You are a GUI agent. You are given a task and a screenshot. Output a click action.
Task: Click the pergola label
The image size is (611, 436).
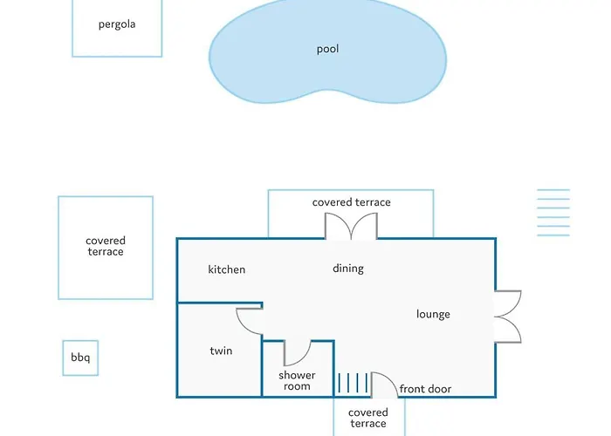[x=117, y=24]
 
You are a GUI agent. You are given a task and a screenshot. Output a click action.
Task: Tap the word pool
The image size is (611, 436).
[x=327, y=49]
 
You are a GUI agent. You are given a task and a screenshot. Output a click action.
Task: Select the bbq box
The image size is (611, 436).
[x=80, y=358]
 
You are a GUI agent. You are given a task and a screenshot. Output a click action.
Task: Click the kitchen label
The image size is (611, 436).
[x=226, y=269]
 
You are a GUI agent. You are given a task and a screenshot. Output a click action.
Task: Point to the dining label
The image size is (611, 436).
[x=348, y=269]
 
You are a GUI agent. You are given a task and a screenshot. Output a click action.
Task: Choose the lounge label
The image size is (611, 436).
[x=433, y=314]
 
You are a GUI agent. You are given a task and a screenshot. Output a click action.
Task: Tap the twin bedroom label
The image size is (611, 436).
[x=221, y=351]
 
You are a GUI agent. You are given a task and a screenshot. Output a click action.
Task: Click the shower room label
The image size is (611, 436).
[x=297, y=381]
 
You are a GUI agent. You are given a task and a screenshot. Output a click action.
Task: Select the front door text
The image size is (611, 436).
[x=425, y=389]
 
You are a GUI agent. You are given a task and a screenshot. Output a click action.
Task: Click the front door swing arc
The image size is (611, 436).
[x=389, y=378]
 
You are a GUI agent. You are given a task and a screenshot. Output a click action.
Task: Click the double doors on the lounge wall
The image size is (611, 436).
[x=508, y=317]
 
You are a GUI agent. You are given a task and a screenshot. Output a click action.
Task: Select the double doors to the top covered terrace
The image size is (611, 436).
[x=351, y=226]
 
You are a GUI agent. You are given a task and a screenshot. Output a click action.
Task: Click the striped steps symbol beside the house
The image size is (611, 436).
[x=553, y=213]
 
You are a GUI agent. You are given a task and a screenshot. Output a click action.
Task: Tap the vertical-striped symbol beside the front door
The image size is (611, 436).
[x=353, y=383]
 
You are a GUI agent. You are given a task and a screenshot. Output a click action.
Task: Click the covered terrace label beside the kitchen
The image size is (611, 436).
[x=106, y=246]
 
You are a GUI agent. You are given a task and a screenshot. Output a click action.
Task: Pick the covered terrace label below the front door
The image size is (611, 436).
[x=368, y=418]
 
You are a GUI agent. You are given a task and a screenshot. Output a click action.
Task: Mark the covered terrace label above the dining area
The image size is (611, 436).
[x=351, y=202]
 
